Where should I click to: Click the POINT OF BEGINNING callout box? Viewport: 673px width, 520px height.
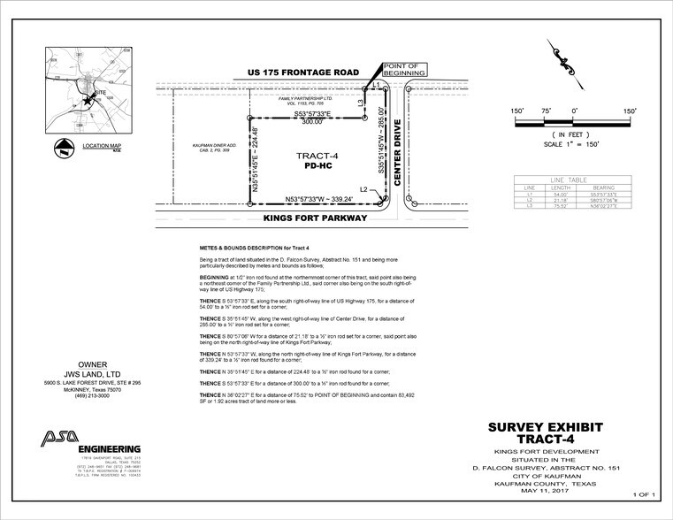pos(404,69)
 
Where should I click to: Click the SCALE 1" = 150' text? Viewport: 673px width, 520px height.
pos(574,143)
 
